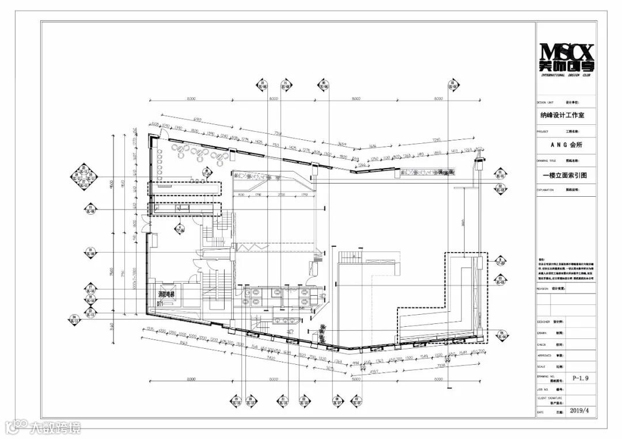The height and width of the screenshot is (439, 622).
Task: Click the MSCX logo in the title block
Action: tap(566, 58)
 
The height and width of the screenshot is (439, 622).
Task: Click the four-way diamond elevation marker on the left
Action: tap(83, 177)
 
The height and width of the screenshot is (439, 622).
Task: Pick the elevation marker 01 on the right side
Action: tap(500, 173)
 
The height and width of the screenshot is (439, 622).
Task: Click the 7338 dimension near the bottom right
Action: tap(443, 365)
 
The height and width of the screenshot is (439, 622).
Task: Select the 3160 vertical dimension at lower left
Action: tap(112, 329)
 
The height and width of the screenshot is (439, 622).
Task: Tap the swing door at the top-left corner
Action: tap(163, 136)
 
